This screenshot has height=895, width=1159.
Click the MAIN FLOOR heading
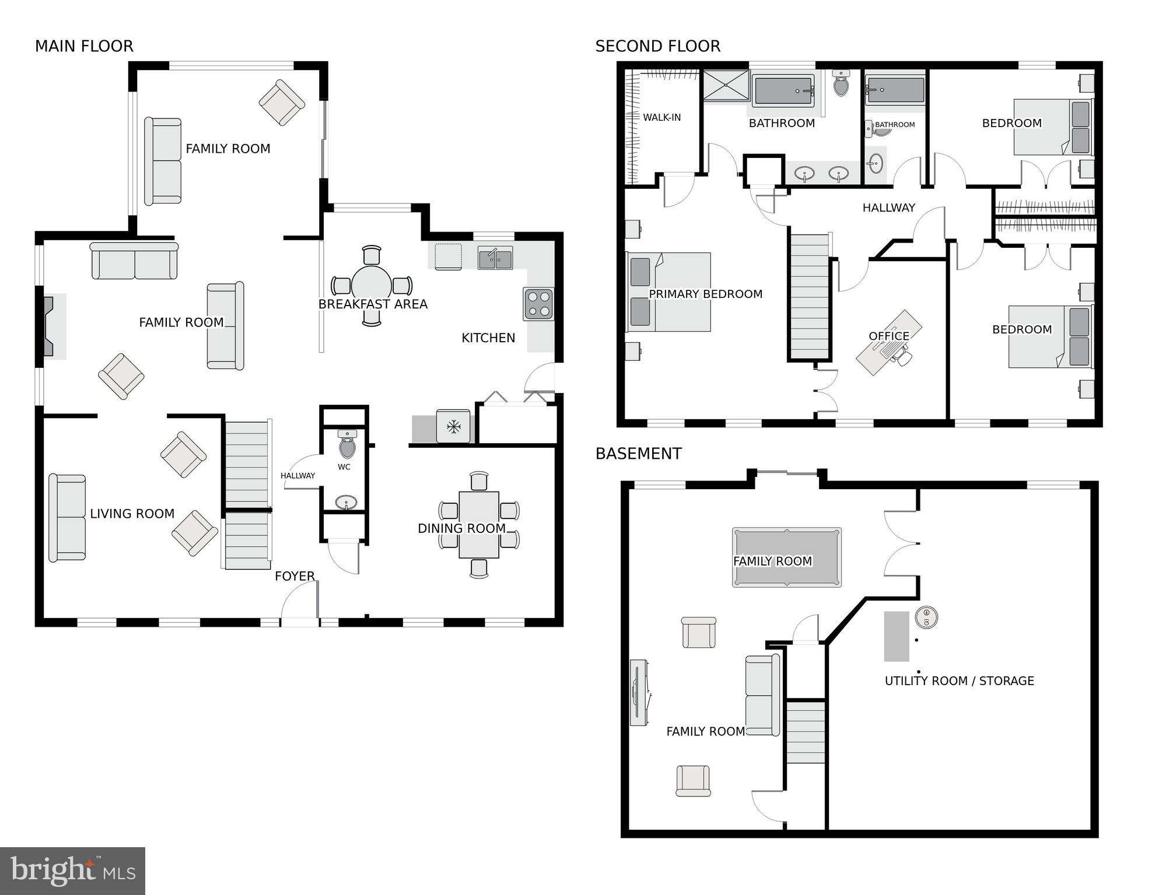click(84, 46)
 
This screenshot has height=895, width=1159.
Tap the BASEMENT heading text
click(638, 454)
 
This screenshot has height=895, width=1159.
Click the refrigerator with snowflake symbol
click(453, 427)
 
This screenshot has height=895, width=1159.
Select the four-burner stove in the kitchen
click(538, 304)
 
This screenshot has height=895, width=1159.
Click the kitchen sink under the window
click(495, 258)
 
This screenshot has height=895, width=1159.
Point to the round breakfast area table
click(372, 284)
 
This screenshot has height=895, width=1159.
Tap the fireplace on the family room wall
click(48, 326)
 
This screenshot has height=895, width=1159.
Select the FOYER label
click(295, 576)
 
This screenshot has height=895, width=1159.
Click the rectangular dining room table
click(479, 525)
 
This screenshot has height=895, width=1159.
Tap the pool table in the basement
click(786, 557)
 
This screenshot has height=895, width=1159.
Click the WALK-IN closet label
click(661, 117)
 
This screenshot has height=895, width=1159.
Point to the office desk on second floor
click(888, 343)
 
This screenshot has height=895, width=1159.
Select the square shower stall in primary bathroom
click(725, 85)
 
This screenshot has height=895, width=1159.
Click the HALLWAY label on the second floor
click(888, 208)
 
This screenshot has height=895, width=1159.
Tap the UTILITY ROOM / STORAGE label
click(959, 680)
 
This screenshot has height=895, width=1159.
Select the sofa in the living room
click(67, 518)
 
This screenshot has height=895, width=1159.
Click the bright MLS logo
click(72, 871)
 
